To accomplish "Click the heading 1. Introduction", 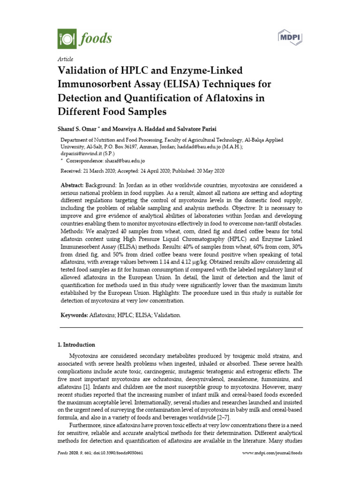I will (x=76, y=345).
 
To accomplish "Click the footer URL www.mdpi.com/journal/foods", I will (x=272, y=453).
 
